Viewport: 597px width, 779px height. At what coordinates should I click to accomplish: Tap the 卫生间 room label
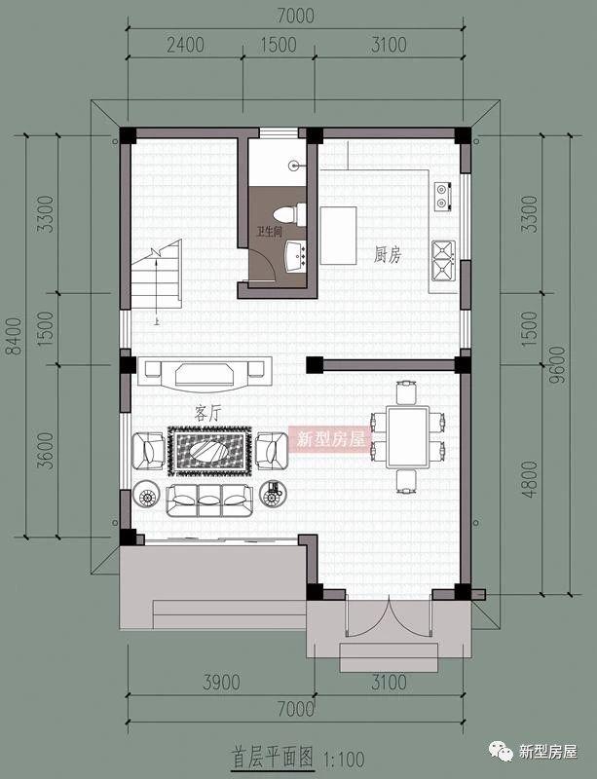[x=269, y=232]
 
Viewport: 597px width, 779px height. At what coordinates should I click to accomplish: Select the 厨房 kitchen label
[x=388, y=255]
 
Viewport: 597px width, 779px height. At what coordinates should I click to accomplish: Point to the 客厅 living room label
[x=207, y=413]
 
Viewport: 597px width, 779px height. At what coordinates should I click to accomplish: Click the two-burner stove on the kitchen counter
[x=442, y=196]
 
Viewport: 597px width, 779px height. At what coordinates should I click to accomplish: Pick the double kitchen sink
[x=443, y=261]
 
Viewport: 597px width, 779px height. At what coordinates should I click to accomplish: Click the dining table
[x=408, y=436]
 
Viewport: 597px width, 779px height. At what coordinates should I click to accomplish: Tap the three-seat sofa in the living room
[x=208, y=501]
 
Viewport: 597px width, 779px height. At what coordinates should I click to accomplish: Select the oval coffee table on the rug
[x=209, y=451]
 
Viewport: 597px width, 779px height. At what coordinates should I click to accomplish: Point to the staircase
[x=156, y=275]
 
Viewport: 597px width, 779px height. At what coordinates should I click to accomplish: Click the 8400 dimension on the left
[x=15, y=336]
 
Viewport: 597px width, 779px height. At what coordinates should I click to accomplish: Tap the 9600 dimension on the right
[x=558, y=363]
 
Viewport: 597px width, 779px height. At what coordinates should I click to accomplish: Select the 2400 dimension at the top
[x=185, y=45]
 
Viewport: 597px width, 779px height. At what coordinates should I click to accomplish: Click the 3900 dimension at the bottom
[x=221, y=683]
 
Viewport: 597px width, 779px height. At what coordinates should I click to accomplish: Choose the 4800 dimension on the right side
[x=530, y=479]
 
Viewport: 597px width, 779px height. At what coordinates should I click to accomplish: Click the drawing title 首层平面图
[x=273, y=759]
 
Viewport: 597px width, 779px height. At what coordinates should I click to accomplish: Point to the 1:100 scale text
[x=345, y=760]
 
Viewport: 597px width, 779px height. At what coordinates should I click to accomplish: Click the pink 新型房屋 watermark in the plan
[x=331, y=439]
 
